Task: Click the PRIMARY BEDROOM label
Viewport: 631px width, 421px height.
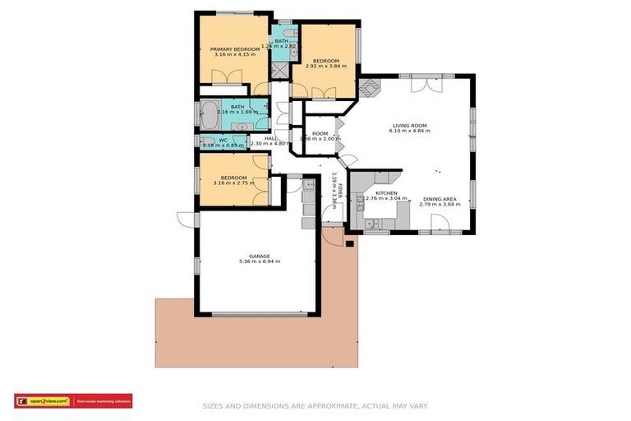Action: (x=235, y=49)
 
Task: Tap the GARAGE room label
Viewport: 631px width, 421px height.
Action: (x=260, y=256)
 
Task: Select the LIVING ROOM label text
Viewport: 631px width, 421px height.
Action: (x=408, y=126)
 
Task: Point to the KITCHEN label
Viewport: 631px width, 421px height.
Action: (x=375, y=193)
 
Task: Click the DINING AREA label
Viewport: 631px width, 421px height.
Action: (x=440, y=199)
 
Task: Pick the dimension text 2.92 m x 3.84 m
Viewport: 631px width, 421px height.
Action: (x=326, y=66)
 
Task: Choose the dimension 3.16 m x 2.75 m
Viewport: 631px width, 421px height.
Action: (x=233, y=183)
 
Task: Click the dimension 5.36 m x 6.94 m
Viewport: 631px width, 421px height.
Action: (x=260, y=262)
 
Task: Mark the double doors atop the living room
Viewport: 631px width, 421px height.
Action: (x=424, y=83)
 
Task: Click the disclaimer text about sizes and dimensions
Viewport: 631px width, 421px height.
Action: (x=315, y=405)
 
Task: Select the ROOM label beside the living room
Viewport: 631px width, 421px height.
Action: (x=320, y=133)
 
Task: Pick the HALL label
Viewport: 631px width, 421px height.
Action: (x=270, y=138)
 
